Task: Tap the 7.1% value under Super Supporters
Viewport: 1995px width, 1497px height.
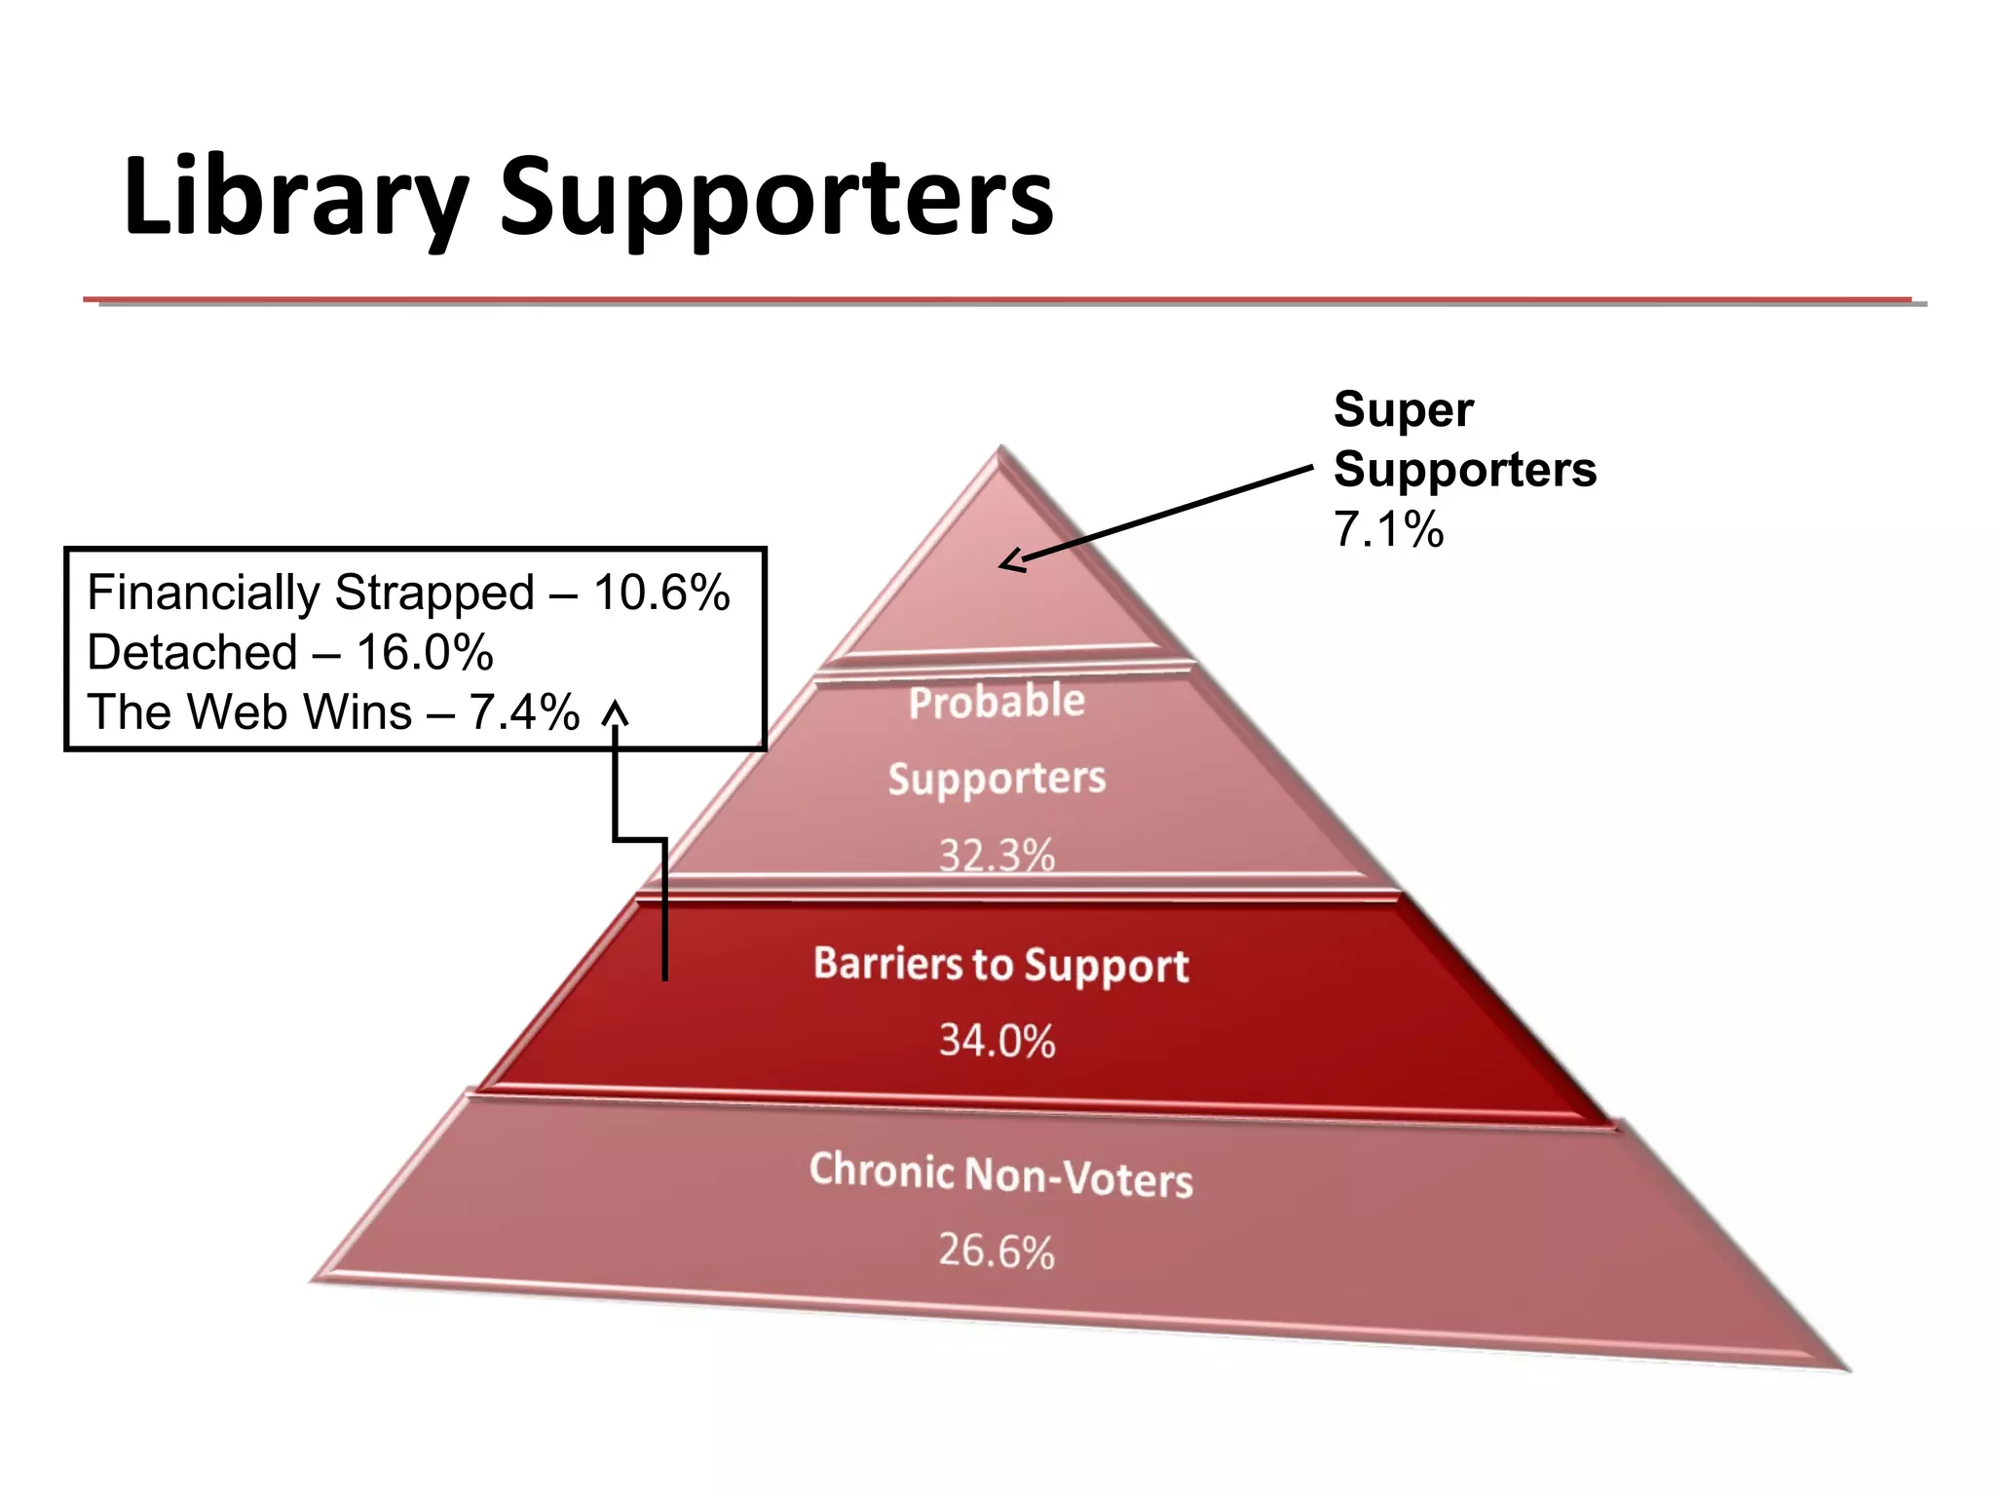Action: click(x=1388, y=530)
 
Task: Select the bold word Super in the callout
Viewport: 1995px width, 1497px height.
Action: click(x=1403, y=410)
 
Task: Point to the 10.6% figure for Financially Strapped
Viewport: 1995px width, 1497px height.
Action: click(x=661, y=593)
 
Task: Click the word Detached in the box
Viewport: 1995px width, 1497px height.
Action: click(x=192, y=652)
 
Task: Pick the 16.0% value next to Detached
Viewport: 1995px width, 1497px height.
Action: click(x=425, y=652)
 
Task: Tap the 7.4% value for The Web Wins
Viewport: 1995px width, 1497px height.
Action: click(x=524, y=711)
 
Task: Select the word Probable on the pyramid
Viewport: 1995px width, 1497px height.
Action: click(x=997, y=702)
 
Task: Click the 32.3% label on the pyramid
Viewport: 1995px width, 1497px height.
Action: click(x=997, y=855)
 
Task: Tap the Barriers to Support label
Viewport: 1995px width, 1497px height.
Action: click(x=1000, y=964)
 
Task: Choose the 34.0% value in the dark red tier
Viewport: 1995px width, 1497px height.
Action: click(x=997, y=1040)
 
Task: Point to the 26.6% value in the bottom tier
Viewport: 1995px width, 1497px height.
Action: click(x=997, y=1250)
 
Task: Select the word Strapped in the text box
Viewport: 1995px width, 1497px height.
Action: click(x=434, y=593)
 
